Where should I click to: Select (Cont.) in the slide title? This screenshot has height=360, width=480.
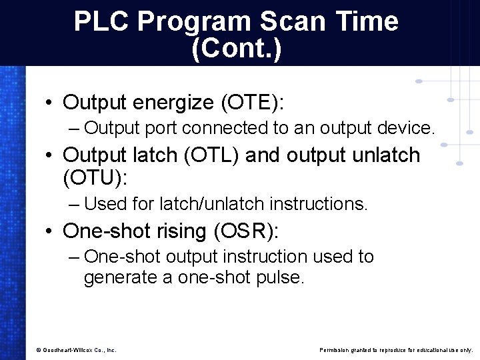point(236,49)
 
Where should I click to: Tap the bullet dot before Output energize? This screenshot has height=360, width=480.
point(50,103)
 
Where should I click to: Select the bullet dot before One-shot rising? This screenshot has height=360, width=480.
point(50,232)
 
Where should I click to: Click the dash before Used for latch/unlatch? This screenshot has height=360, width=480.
point(73,203)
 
